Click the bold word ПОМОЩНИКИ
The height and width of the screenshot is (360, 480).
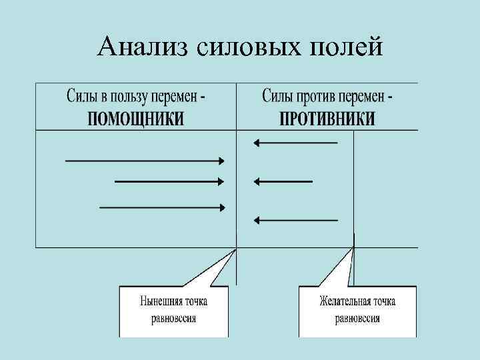[135, 119]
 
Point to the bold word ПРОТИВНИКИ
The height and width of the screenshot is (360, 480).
[327, 119]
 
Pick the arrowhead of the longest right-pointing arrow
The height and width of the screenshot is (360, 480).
[222, 161]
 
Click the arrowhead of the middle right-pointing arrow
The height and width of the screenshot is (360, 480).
[222, 181]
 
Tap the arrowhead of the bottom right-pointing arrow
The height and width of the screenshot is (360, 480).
[222, 207]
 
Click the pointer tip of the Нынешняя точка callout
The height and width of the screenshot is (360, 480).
[235, 250]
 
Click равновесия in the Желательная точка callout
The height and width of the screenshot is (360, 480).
[357, 318]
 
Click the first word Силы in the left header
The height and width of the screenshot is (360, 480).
[79, 97]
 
